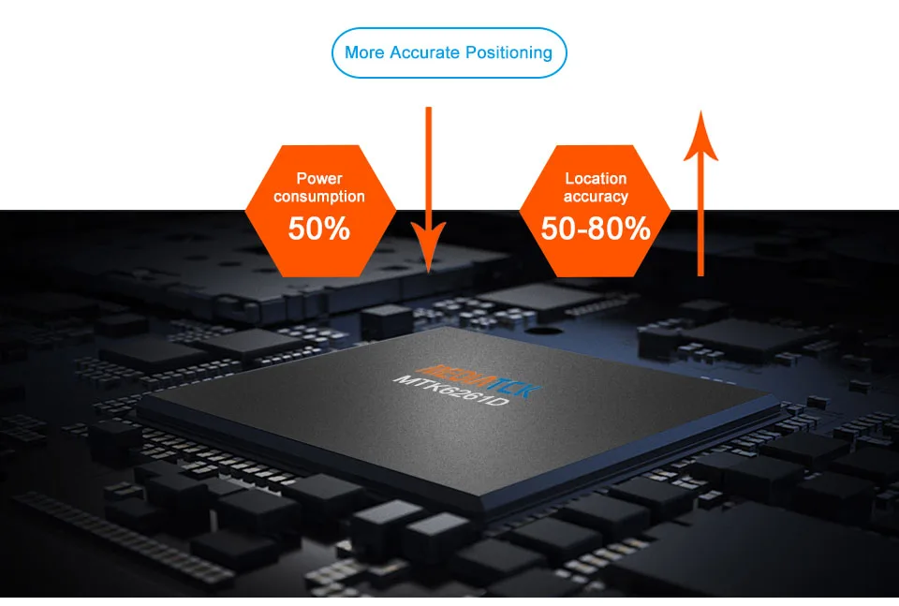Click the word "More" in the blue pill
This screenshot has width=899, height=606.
point(364,52)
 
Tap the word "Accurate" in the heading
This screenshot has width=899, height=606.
point(425,52)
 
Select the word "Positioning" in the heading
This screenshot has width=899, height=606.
point(508,53)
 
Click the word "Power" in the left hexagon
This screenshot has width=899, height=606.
point(319,178)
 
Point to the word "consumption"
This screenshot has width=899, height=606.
point(319,197)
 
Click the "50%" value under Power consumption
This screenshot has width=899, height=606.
point(318,229)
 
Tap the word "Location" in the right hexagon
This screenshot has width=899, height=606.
point(596,178)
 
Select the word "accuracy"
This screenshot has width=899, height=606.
point(596,197)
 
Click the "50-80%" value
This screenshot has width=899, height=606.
point(596,229)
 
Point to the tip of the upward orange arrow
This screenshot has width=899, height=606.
point(700,111)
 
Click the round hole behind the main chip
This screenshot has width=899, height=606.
point(540,331)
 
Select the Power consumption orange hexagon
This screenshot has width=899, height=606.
point(320,211)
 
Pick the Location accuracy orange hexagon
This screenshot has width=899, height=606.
point(596,211)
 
